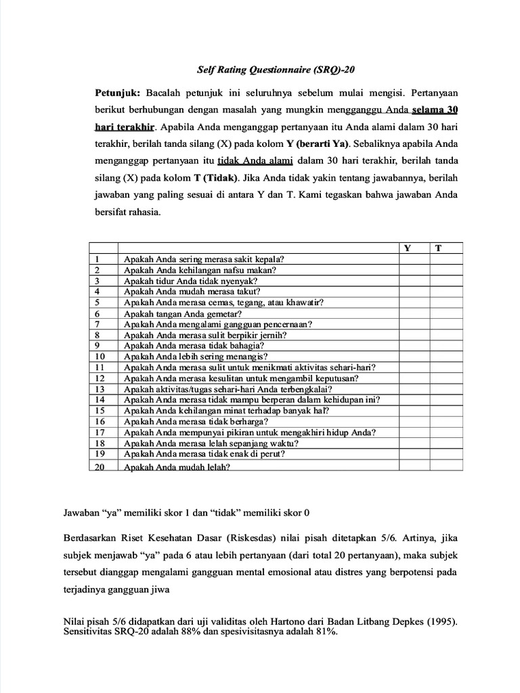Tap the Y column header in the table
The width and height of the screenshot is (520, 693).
pyautogui.click(x=408, y=248)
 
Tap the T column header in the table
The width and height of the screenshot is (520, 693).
pyautogui.click(x=438, y=248)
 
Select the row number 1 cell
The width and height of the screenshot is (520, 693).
pyautogui.click(x=97, y=259)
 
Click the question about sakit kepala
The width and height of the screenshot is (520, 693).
pyautogui.click(x=204, y=259)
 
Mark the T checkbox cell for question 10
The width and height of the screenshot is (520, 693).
pyautogui.click(x=446, y=356)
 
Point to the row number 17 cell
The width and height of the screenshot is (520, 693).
pyautogui.click(x=100, y=432)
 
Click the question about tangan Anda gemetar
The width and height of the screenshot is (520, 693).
pyautogui.click(x=183, y=313)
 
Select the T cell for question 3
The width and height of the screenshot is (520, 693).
pyautogui.click(x=446, y=280)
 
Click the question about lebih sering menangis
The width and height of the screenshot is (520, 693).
pyautogui.click(x=196, y=356)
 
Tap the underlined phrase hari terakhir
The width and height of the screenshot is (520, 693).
pyautogui.click(x=125, y=127)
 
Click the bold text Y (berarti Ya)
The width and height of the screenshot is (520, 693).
pyautogui.click(x=317, y=144)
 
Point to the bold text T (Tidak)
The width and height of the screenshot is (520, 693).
pyautogui.click(x=216, y=179)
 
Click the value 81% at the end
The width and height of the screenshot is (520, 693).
pyautogui.click(x=324, y=631)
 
